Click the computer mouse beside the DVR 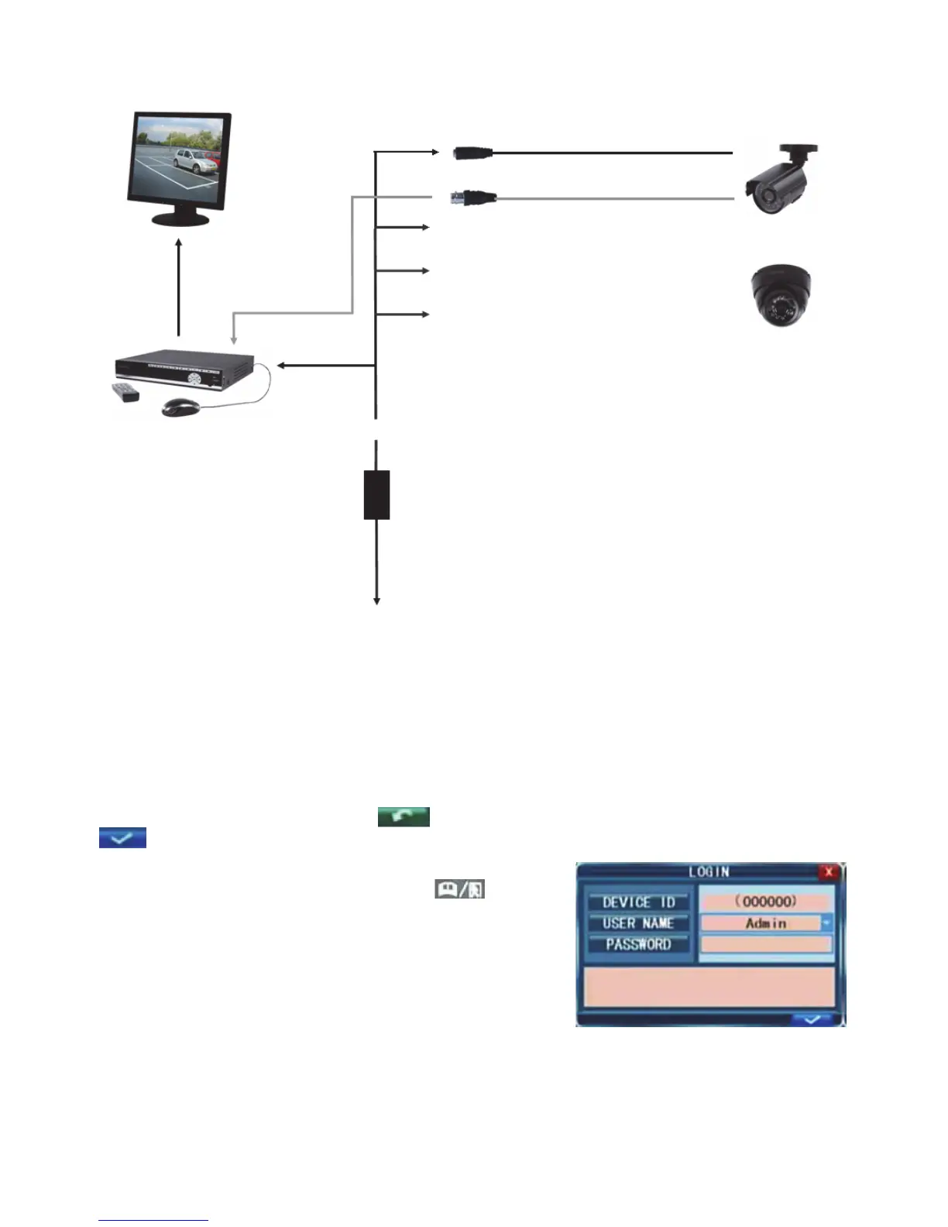click(x=180, y=407)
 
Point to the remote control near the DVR click(x=125, y=392)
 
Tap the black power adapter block click(x=376, y=494)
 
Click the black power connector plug click(x=473, y=153)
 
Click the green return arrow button click(x=404, y=816)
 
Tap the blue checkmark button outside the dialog click(x=122, y=837)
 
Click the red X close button click(x=829, y=872)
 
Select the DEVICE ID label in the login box click(x=638, y=902)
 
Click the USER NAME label click(x=638, y=923)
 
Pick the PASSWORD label click(x=638, y=944)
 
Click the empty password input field click(x=766, y=944)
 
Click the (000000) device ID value click(x=766, y=902)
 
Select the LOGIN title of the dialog click(x=709, y=872)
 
